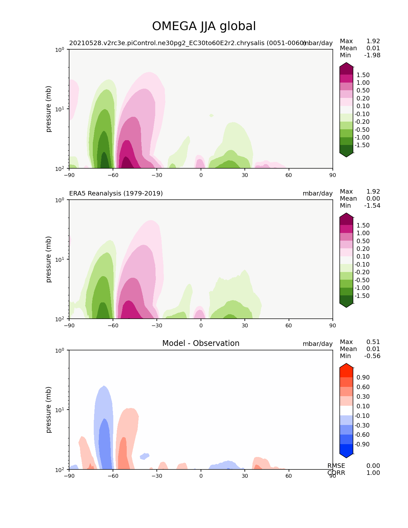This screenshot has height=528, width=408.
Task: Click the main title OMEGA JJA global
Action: [204, 26]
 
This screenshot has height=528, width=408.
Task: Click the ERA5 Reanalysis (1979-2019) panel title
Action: [116, 193]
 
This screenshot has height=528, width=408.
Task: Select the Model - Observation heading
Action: [201, 343]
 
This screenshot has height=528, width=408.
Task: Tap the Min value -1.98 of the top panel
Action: [372, 55]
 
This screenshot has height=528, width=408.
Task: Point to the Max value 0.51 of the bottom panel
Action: [373, 342]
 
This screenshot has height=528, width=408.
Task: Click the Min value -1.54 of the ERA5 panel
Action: [372, 206]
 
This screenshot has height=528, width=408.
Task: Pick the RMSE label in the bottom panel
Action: [336, 466]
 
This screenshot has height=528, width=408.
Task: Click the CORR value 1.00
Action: [373, 473]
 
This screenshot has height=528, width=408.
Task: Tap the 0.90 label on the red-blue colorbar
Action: [363, 378]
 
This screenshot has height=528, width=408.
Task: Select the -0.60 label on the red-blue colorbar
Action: [362, 435]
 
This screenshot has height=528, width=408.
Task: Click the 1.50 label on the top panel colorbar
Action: [363, 75]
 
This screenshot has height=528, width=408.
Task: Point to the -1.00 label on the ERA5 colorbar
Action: [362, 288]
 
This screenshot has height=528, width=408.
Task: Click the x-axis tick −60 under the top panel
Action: [113, 175]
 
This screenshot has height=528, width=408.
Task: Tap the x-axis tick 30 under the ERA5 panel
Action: [245, 325]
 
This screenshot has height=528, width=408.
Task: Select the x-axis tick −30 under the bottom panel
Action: [157, 476]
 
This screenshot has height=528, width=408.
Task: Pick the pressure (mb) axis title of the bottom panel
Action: [49, 410]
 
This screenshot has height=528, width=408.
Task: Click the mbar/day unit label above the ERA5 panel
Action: [317, 193]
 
